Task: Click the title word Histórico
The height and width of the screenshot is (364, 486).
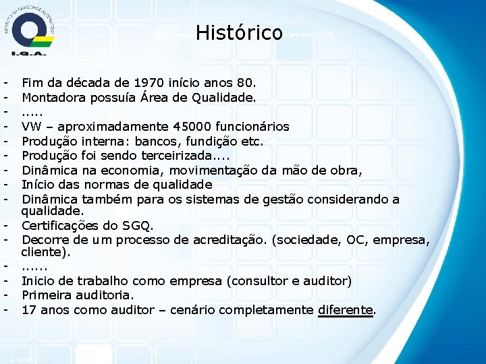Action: point(238,32)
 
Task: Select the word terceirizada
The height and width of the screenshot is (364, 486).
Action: point(170,156)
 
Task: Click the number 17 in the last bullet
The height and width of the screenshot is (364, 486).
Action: point(29,310)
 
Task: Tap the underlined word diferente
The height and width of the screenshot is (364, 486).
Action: point(345,310)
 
